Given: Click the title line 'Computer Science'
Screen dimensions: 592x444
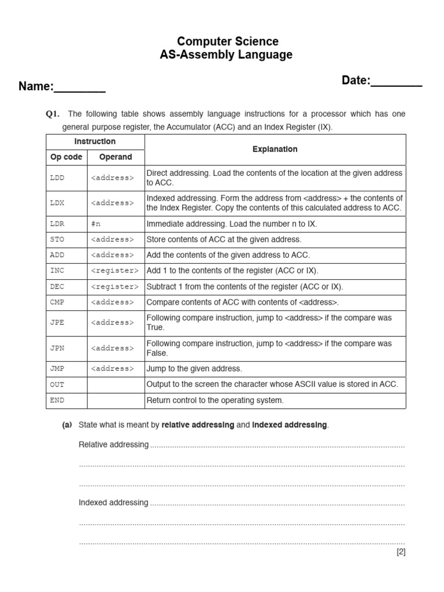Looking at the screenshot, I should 227,42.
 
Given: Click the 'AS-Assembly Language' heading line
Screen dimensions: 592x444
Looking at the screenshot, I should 227,55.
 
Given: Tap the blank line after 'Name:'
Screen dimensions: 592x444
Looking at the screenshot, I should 80,88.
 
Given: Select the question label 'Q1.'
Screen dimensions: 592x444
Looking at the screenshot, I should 53,114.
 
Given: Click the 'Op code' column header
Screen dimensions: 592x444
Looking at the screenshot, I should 66,157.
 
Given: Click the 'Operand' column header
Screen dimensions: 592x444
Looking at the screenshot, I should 116,157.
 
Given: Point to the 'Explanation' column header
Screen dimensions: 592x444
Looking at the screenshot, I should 275,149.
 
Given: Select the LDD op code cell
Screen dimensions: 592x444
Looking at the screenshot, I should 57,178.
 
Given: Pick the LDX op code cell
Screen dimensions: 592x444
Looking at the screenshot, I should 57,203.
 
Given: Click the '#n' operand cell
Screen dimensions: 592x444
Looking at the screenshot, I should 96,224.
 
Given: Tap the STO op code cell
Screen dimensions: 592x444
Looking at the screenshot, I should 57,239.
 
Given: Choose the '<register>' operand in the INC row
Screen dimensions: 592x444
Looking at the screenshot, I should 114,271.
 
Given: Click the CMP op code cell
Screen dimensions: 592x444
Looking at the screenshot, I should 57,302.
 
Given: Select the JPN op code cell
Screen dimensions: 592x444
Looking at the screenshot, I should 57,348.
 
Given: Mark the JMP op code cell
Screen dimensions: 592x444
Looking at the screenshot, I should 57,369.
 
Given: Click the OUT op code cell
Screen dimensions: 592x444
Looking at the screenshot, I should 57,384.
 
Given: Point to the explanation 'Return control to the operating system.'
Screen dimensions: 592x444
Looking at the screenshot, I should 215,400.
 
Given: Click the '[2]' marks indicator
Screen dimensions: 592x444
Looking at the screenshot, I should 401,552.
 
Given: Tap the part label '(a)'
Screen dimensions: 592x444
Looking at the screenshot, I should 67,425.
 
